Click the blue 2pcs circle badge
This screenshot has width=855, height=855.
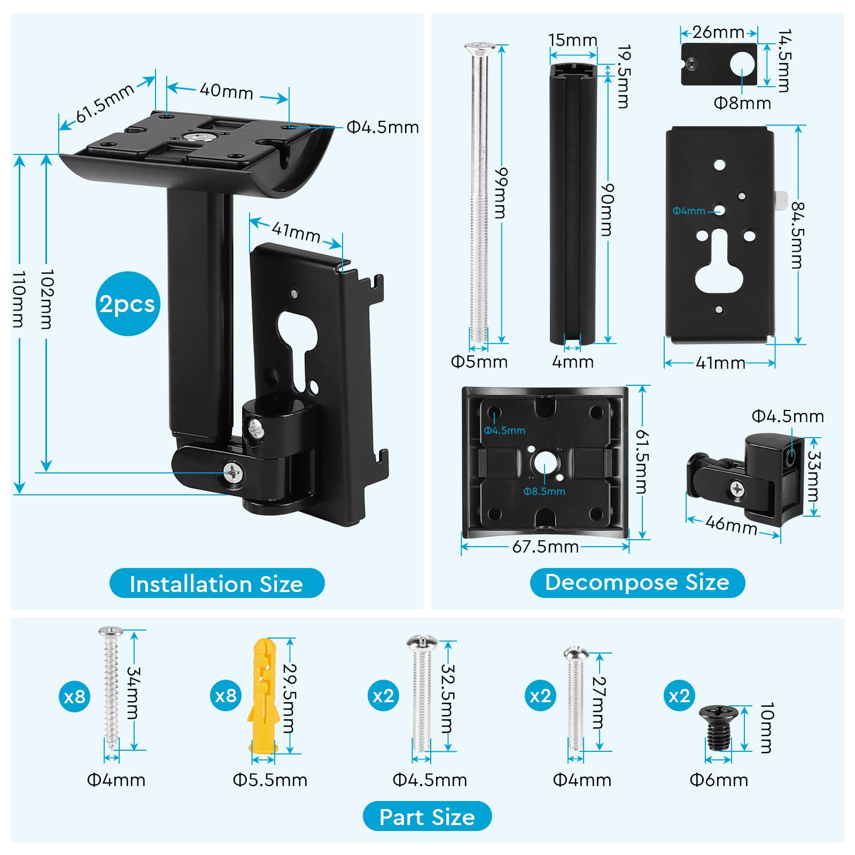pos(127,304)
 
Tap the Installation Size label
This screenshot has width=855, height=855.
pos(216,584)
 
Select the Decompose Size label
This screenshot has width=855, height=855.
pos(637,582)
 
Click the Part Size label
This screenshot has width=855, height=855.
pos(427,817)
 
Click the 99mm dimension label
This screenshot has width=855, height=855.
pos(501,193)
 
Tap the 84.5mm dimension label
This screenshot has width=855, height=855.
pos(797,235)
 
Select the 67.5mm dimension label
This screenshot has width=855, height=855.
pos(546,547)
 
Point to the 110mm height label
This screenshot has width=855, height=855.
pos(19,299)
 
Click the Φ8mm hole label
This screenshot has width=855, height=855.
pos(742,103)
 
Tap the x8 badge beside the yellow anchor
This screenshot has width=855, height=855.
pos(226,696)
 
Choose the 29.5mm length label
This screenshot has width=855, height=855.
pos(289,697)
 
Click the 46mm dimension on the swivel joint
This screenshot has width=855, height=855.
pos(731,524)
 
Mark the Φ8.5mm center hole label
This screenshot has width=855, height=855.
pos(544,491)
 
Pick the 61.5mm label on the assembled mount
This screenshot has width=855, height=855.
pos(104,103)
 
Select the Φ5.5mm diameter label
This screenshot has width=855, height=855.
pos(270,780)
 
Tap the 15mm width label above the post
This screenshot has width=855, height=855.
pos(573,40)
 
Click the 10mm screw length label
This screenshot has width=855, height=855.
pos(766,728)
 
